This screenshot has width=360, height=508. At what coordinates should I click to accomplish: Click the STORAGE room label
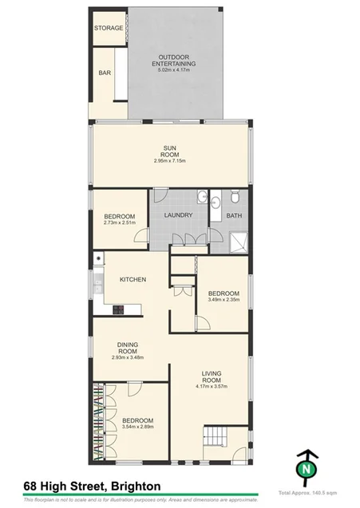(x=109, y=28)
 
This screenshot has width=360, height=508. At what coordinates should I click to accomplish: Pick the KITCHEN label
(x=132, y=280)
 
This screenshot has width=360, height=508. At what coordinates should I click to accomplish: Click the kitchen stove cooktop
(x=118, y=309)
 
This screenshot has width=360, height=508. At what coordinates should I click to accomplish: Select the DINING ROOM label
(x=129, y=349)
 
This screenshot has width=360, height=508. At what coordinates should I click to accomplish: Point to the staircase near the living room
(x=216, y=438)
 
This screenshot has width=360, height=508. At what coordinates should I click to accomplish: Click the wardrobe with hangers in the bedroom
(x=100, y=423)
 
